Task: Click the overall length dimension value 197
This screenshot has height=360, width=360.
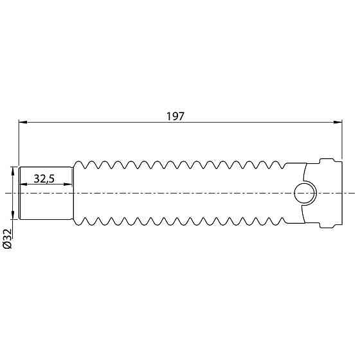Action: pyautogui.click(x=175, y=116)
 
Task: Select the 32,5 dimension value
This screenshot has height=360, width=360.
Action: pyautogui.click(x=44, y=179)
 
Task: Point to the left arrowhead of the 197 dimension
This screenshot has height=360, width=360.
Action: pyautogui.click(x=21, y=122)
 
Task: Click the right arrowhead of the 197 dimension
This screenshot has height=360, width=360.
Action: pyautogui.click(x=336, y=122)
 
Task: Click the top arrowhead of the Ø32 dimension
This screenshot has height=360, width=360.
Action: pyautogui.click(x=13, y=170)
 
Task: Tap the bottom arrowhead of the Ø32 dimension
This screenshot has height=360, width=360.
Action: pyautogui.click(x=13, y=216)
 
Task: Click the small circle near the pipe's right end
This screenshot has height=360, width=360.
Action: pyautogui.click(x=303, y=192)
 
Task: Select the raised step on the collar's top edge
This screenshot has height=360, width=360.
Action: pyautogui.click(x=328, y=159)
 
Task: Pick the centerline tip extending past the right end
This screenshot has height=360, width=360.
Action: pyautogui.click(x=352, y=192)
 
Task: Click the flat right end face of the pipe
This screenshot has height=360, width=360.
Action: pyautogui.click(x=339, y=192)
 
